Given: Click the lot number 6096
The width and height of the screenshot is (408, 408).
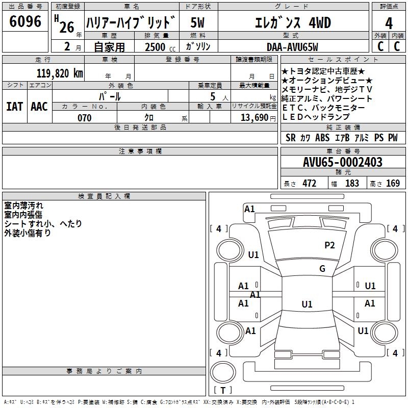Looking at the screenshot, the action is pyautogui.click(x=25, y=21).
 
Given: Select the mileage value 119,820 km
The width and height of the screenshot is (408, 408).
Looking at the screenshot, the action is pyautogui.click(x=60, y=73).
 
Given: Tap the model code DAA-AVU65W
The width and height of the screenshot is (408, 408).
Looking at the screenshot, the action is pyautogui.click(x=292, y=47).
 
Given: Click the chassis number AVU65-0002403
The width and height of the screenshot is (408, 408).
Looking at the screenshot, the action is pyautogui.click(x=343, y=162).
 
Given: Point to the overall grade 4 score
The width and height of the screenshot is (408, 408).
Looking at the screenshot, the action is pyautogui.click(x=389, y=23).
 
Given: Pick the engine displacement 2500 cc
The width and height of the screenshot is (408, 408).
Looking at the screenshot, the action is pyautogui.click(x=160, y=47).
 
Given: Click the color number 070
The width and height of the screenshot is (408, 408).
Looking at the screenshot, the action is pyautogui.click(x=85, y=118).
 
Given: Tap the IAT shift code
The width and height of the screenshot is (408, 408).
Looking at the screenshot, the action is pyautogui.click(x=15, y=107).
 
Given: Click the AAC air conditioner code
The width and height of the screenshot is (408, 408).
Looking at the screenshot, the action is pyautogui.click(x=39, y=107).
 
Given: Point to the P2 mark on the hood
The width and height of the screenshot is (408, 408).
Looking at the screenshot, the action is pyautogui.click(x=329, y=245).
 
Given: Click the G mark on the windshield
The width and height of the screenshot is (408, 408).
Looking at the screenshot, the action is pyautogui.click(x=322, y=268).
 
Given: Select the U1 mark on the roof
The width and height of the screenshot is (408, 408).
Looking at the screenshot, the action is pyautogui.click(x=307, y=304).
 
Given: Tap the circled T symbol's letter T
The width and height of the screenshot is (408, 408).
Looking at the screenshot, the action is pyautogui.click(x=223, y=390).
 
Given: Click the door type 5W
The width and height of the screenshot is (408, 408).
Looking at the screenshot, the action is pyautogui.click(x=197, y=22).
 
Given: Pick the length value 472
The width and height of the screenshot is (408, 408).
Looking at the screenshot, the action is pyautogui.click(x=310, y=183).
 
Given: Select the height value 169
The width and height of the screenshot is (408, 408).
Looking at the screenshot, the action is pyautogui.click(x=393, y=183).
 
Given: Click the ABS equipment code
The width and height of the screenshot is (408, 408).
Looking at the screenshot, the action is pyautogui.click(x=322, y=138).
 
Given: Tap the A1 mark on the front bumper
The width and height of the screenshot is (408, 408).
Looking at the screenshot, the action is pyautogui.click(x=249, y=209).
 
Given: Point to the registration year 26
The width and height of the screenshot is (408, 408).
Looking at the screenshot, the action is pyautogui.click(x=67, y=28).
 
